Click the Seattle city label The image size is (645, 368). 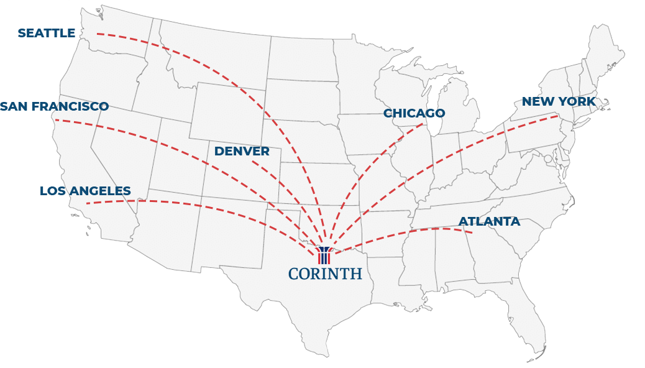click(47, 33)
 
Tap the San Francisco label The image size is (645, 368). click(55, 106)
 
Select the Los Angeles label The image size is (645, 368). click(86, 191)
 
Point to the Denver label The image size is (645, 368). click(242, 151)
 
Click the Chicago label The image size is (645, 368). click(414, 113)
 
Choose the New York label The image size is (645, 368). click(558, 101)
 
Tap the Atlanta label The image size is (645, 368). click(489, 221)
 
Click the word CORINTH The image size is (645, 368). click(325, 274)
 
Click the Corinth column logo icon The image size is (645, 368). click(324, 255)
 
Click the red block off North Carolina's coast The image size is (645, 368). click(547, 237)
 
